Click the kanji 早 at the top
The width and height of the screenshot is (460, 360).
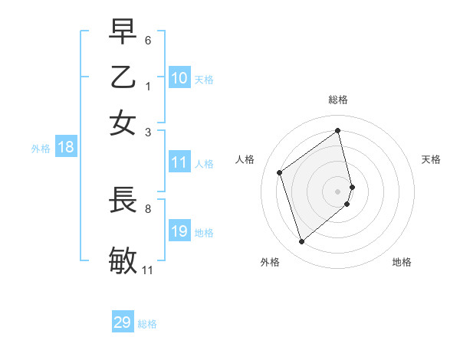coord(123,32)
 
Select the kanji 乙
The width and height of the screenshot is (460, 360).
coord(123,77)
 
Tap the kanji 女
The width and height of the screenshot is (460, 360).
coord(123,123)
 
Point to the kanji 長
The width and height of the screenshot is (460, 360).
coord(123,201)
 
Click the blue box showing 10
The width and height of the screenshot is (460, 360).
coord(179,78)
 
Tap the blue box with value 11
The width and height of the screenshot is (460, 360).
coord(179,162)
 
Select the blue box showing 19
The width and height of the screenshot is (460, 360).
coord(179,231)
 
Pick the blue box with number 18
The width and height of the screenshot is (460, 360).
coord(66,148)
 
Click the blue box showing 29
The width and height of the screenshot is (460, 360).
coord(123,322)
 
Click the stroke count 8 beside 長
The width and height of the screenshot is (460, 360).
coord(148,208)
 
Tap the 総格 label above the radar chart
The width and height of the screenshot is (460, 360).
coord(338,100)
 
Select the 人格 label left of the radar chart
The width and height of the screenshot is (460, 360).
coord(245,159)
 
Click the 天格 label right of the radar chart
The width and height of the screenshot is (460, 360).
coord(431,159)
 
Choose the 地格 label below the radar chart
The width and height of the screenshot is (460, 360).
coord(402,262)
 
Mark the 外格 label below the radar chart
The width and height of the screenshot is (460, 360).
coord(270,262)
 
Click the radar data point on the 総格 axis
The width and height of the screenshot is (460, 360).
coord(338,130)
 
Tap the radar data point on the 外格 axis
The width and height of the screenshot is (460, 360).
coord(301,242)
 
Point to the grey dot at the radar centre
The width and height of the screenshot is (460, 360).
coord(338,191)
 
